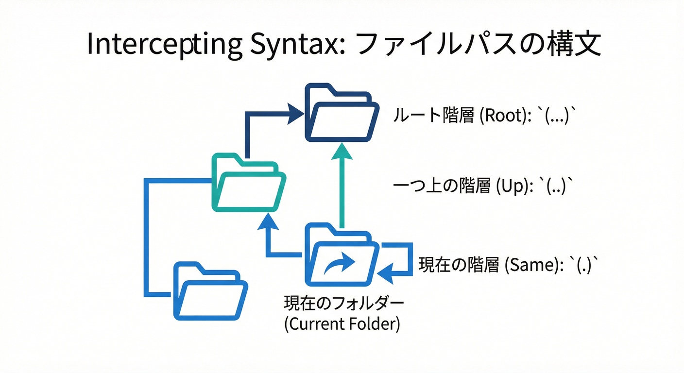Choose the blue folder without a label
point(210,291)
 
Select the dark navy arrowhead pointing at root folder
point(294,114)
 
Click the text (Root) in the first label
point(501,117)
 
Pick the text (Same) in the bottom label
point(531,265)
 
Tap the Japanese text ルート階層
point(433,117)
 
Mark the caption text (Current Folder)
point(342,324)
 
